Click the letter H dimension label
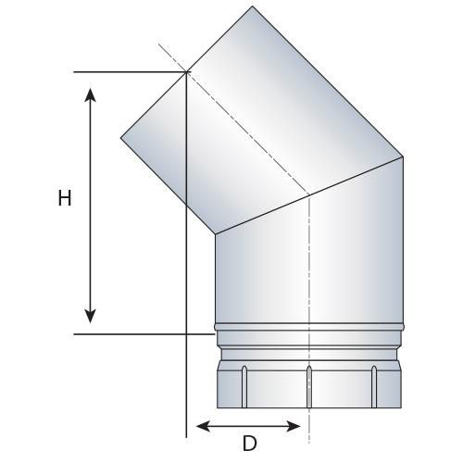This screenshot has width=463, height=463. tap(64, 199)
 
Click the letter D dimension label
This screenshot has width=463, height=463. tap(248, 444)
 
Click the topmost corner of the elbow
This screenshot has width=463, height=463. tap(253, 6)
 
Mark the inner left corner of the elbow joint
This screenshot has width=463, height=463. tap(215, 234)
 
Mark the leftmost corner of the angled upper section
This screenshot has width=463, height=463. tap(120, 139)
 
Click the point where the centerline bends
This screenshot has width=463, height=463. tap(308, 195)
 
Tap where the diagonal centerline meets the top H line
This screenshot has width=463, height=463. tap(186, 71)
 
